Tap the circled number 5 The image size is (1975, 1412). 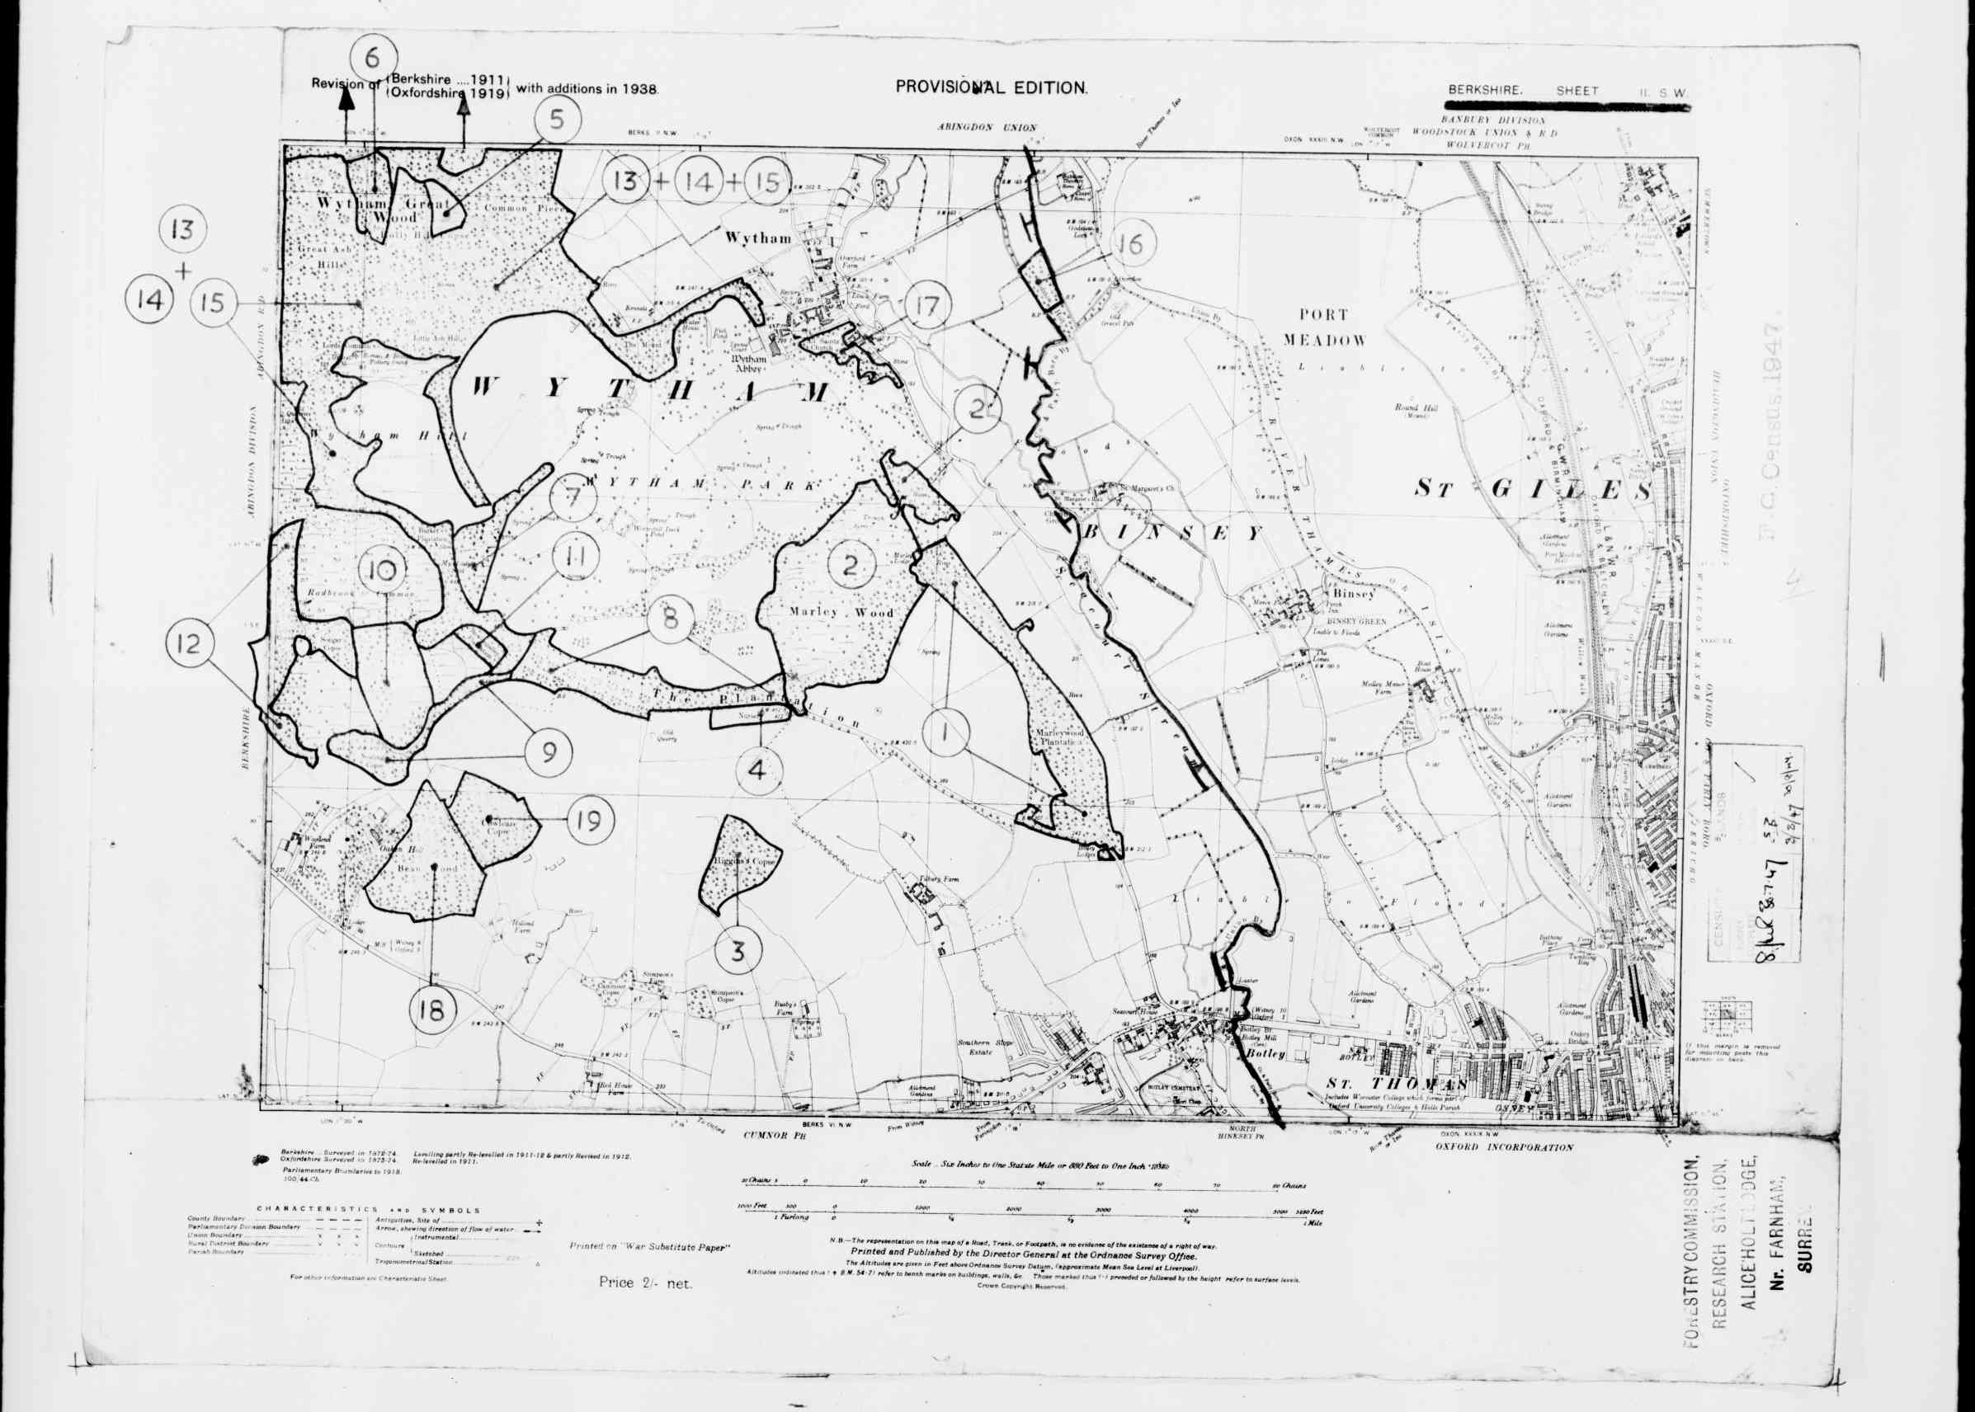coord(558,120)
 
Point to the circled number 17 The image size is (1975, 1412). coord(929,306)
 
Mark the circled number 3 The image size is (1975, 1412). coord(738,951)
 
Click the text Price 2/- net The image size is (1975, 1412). coord(645,1306)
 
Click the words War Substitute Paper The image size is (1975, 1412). coord(648,1272)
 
